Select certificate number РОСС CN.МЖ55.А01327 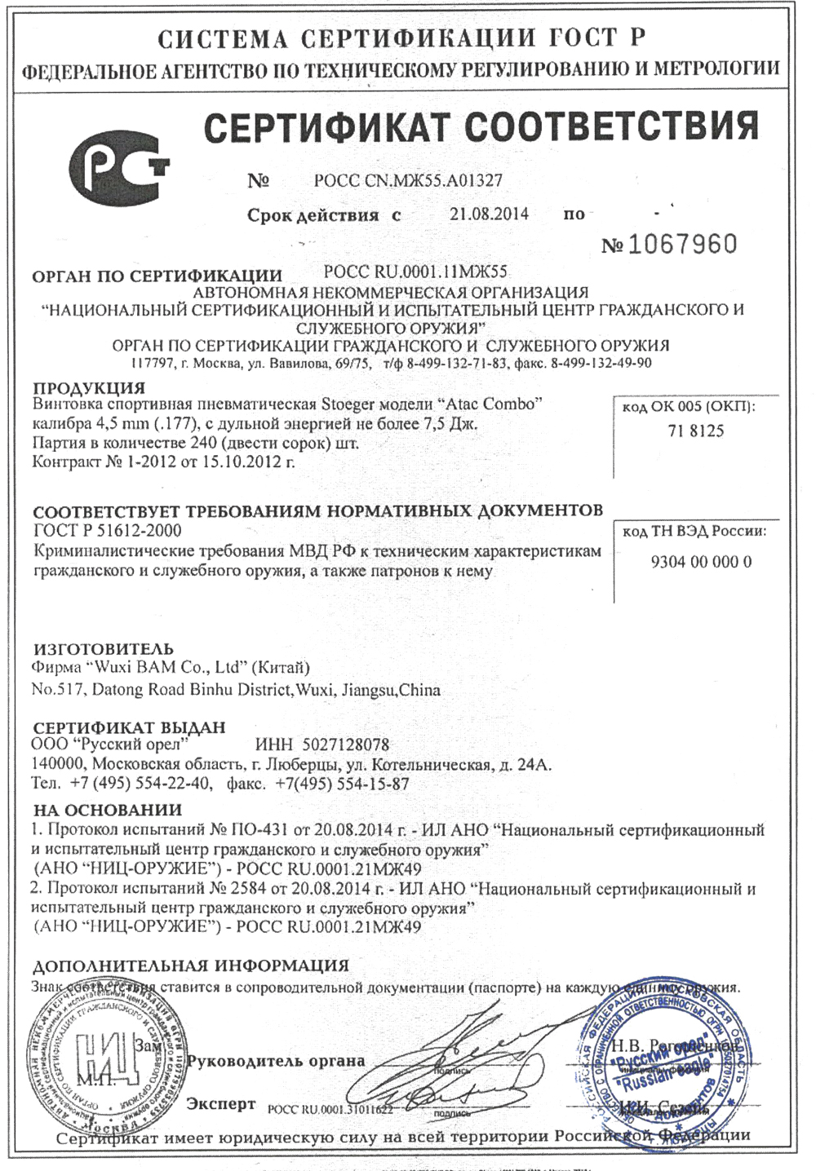coord(408,181)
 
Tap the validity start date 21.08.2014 coord(489,214)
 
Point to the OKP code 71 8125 coord(695,431)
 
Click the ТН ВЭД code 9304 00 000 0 coord(701,562)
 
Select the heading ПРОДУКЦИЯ coord(89,387)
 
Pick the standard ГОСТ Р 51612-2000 coord(107,531)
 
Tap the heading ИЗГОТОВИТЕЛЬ coord(103,649)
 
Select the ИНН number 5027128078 coord(345,745)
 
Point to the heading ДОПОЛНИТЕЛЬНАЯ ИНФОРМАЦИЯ coord(190,966)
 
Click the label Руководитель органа coord(276,1061)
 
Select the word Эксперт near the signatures coord(221,1104)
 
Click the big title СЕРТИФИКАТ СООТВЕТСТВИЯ coord(481,126)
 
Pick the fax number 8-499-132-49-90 coord(601,363)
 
